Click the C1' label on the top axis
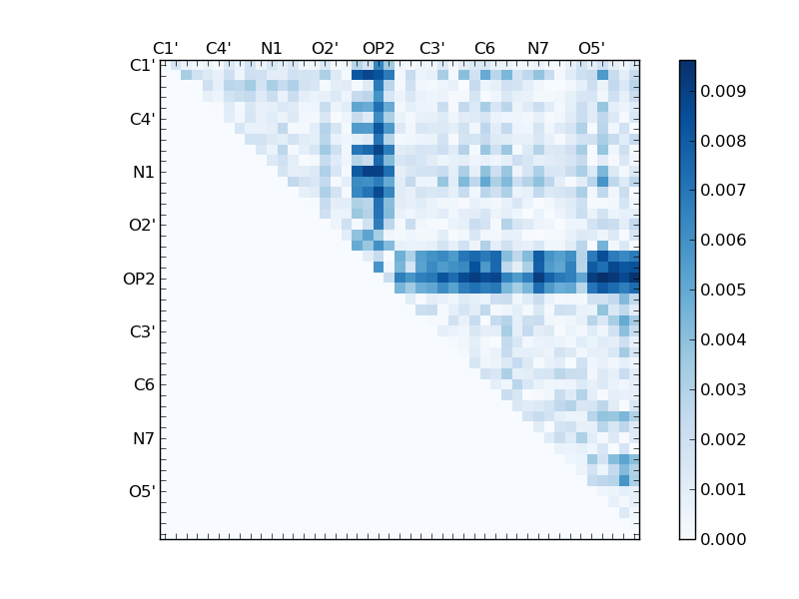165,48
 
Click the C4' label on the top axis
218,48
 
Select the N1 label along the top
272,48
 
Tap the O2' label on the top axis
325,48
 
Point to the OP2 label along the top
379,48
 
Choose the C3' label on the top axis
431,48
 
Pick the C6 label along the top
484,48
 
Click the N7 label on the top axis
538,48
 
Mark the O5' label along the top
591,48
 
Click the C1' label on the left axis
142,66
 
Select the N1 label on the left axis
144,173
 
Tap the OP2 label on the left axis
139,279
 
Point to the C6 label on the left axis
144,385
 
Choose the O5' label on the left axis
142,491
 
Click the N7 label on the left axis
144,438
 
